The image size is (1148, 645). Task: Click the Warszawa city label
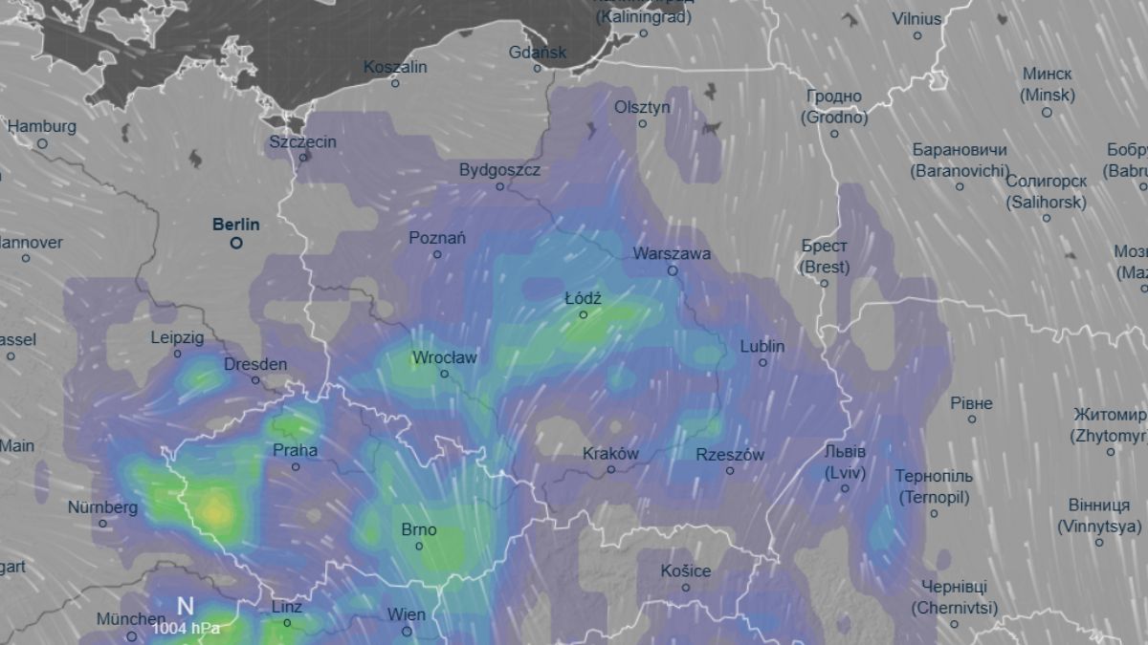coord(672,254)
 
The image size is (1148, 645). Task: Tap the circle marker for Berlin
coord(236,244)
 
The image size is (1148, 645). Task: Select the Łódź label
coord(583,298)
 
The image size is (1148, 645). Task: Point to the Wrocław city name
coord(444,358)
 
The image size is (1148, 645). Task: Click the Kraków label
coord(610,454)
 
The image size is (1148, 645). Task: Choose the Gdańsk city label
coord(539,53)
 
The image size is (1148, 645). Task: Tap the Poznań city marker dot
coord(437,254)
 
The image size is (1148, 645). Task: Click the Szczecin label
coord(303,141)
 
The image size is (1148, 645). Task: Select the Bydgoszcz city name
coord(499,170)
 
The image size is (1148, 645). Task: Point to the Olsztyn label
coord(642,107)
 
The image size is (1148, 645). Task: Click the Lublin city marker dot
coord(762,362)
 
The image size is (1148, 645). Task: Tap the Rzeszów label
coord(730,455)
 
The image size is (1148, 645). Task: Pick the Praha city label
coord(296,450)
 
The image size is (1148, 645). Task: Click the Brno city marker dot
coord(419,547)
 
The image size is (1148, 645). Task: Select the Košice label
coord(686,570)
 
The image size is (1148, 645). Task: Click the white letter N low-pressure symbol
coord(186,606)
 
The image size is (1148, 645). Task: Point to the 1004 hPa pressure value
coord(186,628)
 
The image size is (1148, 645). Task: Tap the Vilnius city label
coord(916,19)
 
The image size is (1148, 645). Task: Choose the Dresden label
coord(255,364)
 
